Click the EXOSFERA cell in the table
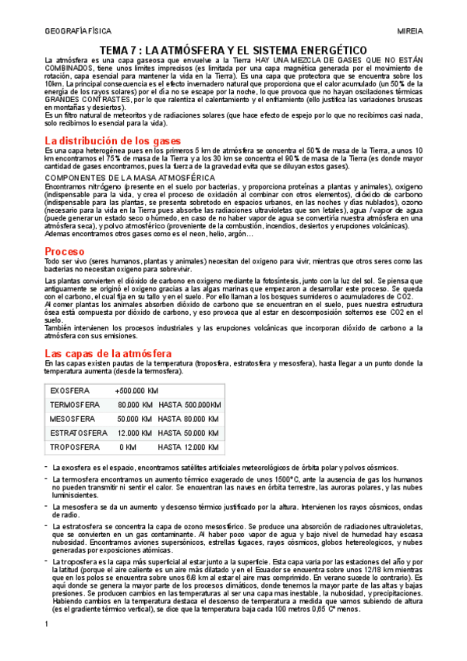tap(69, 391)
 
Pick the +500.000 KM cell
tap(136, 391)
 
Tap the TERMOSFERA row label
tap(74, 405)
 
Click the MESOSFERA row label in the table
tap(72, 419)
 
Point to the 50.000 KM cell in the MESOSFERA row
tap(135, 419)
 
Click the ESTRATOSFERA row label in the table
tap(78, 433)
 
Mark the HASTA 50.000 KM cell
tap(188, 433)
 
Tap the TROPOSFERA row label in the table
tap(74, 447)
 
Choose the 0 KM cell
tap(127, 447)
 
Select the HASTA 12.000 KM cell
tap(188, 447)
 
